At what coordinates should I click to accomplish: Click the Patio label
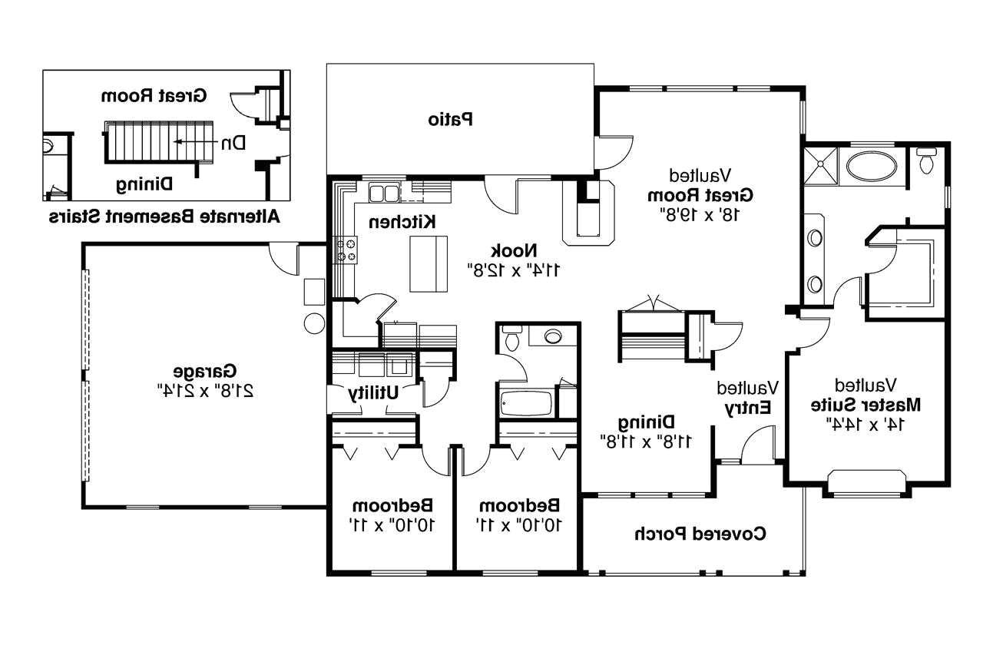pos(450,120)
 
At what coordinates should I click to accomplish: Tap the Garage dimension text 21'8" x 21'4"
pos(207,389)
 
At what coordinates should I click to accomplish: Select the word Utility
pos(373,392)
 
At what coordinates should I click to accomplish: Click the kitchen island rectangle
pos(428,263)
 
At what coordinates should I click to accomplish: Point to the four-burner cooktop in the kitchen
pos(346,251)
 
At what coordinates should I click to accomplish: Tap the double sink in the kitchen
pos(383,192)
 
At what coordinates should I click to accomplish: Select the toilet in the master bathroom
pos(926,162)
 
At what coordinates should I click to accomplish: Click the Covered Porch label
pos(700,534)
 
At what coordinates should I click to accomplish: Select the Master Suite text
pos(866,404)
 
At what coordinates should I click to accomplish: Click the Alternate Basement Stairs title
pos(164,217)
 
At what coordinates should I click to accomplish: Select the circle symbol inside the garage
pos(314,323)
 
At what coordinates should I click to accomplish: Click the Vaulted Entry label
pos(748,399)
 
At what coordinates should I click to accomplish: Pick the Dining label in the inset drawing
pos(144,184)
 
